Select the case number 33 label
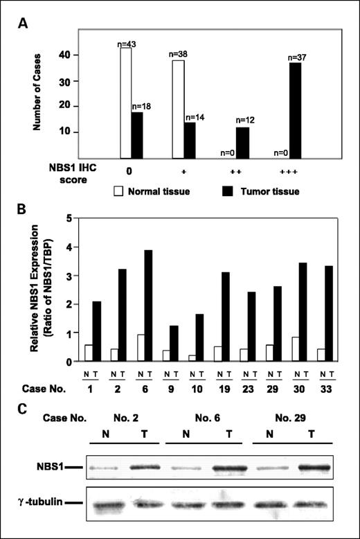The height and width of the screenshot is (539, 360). point(330,389)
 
